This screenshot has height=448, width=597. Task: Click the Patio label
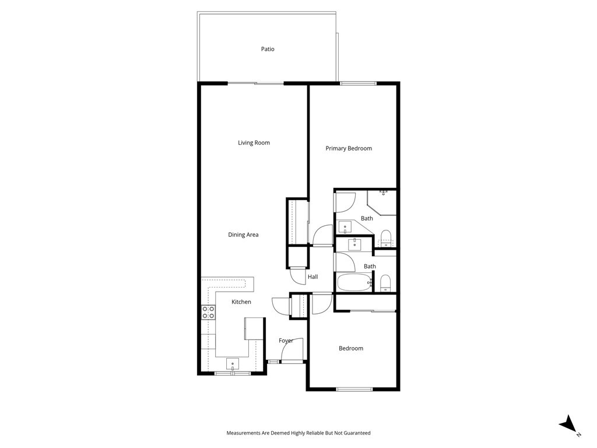(x=268, y=49)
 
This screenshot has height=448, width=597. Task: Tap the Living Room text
(x=254, y=143)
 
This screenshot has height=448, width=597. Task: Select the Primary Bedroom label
(x=349, y=149)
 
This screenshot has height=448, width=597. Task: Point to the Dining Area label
(x=243, y=235)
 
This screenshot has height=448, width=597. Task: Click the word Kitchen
(x=241, y=302)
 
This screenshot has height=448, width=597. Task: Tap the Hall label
(x=313, y=277)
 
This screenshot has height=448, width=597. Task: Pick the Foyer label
(x=286, y=341)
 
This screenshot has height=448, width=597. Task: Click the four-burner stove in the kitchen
(x=208, y=313)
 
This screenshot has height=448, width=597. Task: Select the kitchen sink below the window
(x=232, y=364)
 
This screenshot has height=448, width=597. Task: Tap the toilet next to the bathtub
(x=386, y=283)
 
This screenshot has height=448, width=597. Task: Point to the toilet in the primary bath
(x=386, y=238)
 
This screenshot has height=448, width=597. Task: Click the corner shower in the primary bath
(x=382, y=202)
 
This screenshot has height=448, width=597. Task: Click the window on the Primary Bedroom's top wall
(x=359, y=83)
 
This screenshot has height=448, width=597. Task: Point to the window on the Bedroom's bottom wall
(x=354, y=389)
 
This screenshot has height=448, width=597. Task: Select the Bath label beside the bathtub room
(x=370, y=266)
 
